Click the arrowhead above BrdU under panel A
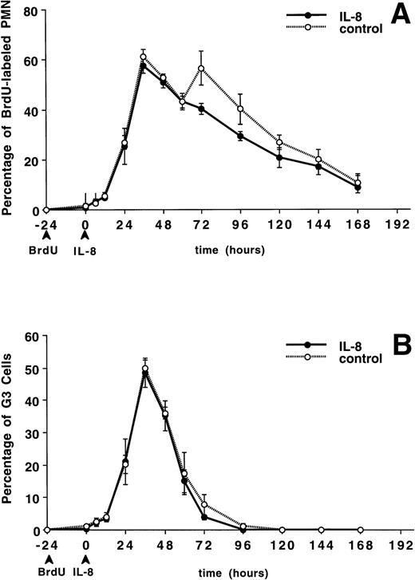[46, 236]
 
